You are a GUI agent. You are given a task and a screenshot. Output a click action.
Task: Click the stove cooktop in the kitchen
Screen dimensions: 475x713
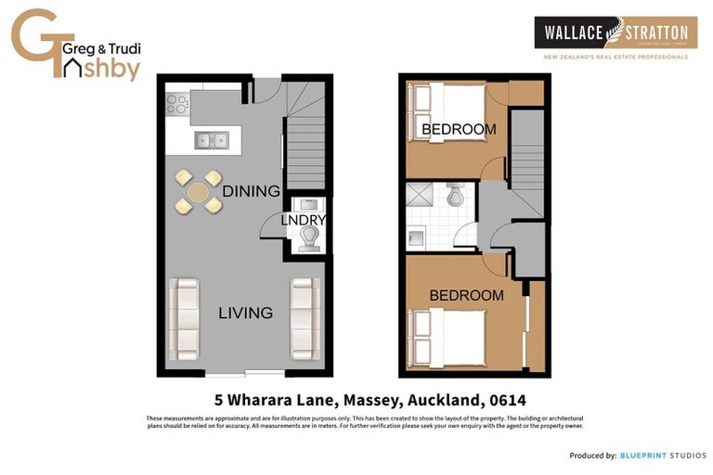(176, 103)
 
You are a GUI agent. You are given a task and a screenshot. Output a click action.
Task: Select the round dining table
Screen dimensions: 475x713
(199, 192)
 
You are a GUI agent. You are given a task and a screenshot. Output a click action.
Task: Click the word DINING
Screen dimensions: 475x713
(251, 191)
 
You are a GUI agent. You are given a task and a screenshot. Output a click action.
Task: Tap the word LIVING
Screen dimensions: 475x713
(245, 313)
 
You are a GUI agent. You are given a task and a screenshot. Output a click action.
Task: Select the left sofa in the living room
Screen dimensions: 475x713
(184, 318)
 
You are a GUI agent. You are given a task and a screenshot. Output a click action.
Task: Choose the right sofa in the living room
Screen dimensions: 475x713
(305, 318)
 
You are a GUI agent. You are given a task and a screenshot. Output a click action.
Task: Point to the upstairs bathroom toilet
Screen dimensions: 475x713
(456, 197)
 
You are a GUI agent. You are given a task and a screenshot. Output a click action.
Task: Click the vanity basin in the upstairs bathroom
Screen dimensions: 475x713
(415, 238)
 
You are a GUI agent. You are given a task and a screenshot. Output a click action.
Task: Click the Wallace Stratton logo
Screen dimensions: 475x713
(615, 34)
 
